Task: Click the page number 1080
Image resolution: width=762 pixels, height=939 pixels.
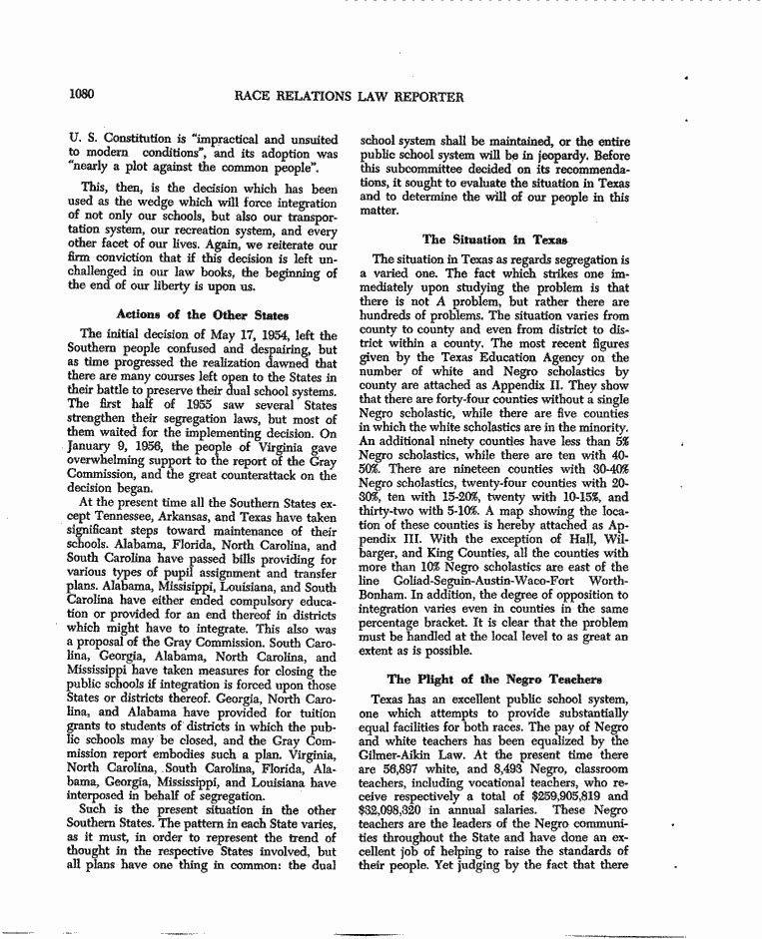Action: coord(82,96)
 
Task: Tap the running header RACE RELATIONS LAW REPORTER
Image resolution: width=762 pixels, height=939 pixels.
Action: coord(350,97)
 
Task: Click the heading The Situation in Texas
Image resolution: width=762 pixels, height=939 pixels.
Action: coord(494,239)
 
